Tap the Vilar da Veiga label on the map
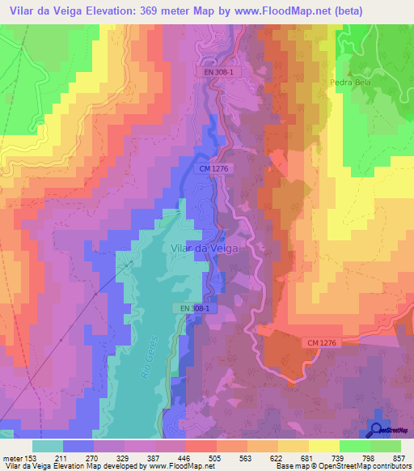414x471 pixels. [x=205, y=249]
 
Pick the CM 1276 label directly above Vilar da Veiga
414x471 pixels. [x=213, y=169]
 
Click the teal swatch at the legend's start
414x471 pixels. [x=48, y=446]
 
